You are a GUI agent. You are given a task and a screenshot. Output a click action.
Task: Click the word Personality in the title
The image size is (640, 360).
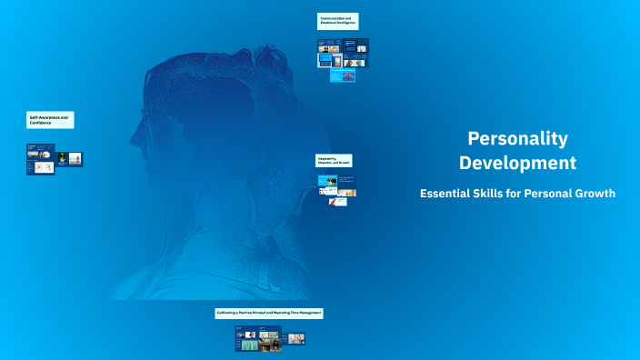click(517, 138)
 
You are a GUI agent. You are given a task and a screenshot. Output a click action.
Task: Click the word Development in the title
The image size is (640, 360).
click(517, 164)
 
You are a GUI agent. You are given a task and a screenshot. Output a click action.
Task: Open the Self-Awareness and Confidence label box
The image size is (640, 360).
click(49, 120)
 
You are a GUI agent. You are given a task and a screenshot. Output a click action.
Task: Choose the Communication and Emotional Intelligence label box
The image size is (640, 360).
click(338, 21)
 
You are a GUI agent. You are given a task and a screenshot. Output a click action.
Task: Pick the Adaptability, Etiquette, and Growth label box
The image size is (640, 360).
click(333, 160)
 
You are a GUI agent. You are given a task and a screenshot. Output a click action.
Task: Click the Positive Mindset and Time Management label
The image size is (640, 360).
click(269, 313)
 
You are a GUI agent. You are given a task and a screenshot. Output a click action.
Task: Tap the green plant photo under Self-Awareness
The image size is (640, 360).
click(63, 157)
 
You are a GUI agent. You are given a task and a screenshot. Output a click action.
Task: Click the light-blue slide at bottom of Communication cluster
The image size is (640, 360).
click(342, 78)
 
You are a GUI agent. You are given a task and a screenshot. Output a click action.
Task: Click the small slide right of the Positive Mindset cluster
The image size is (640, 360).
click(296, 338)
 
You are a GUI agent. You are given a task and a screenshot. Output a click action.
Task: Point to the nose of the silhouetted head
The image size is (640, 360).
click(133, 141)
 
